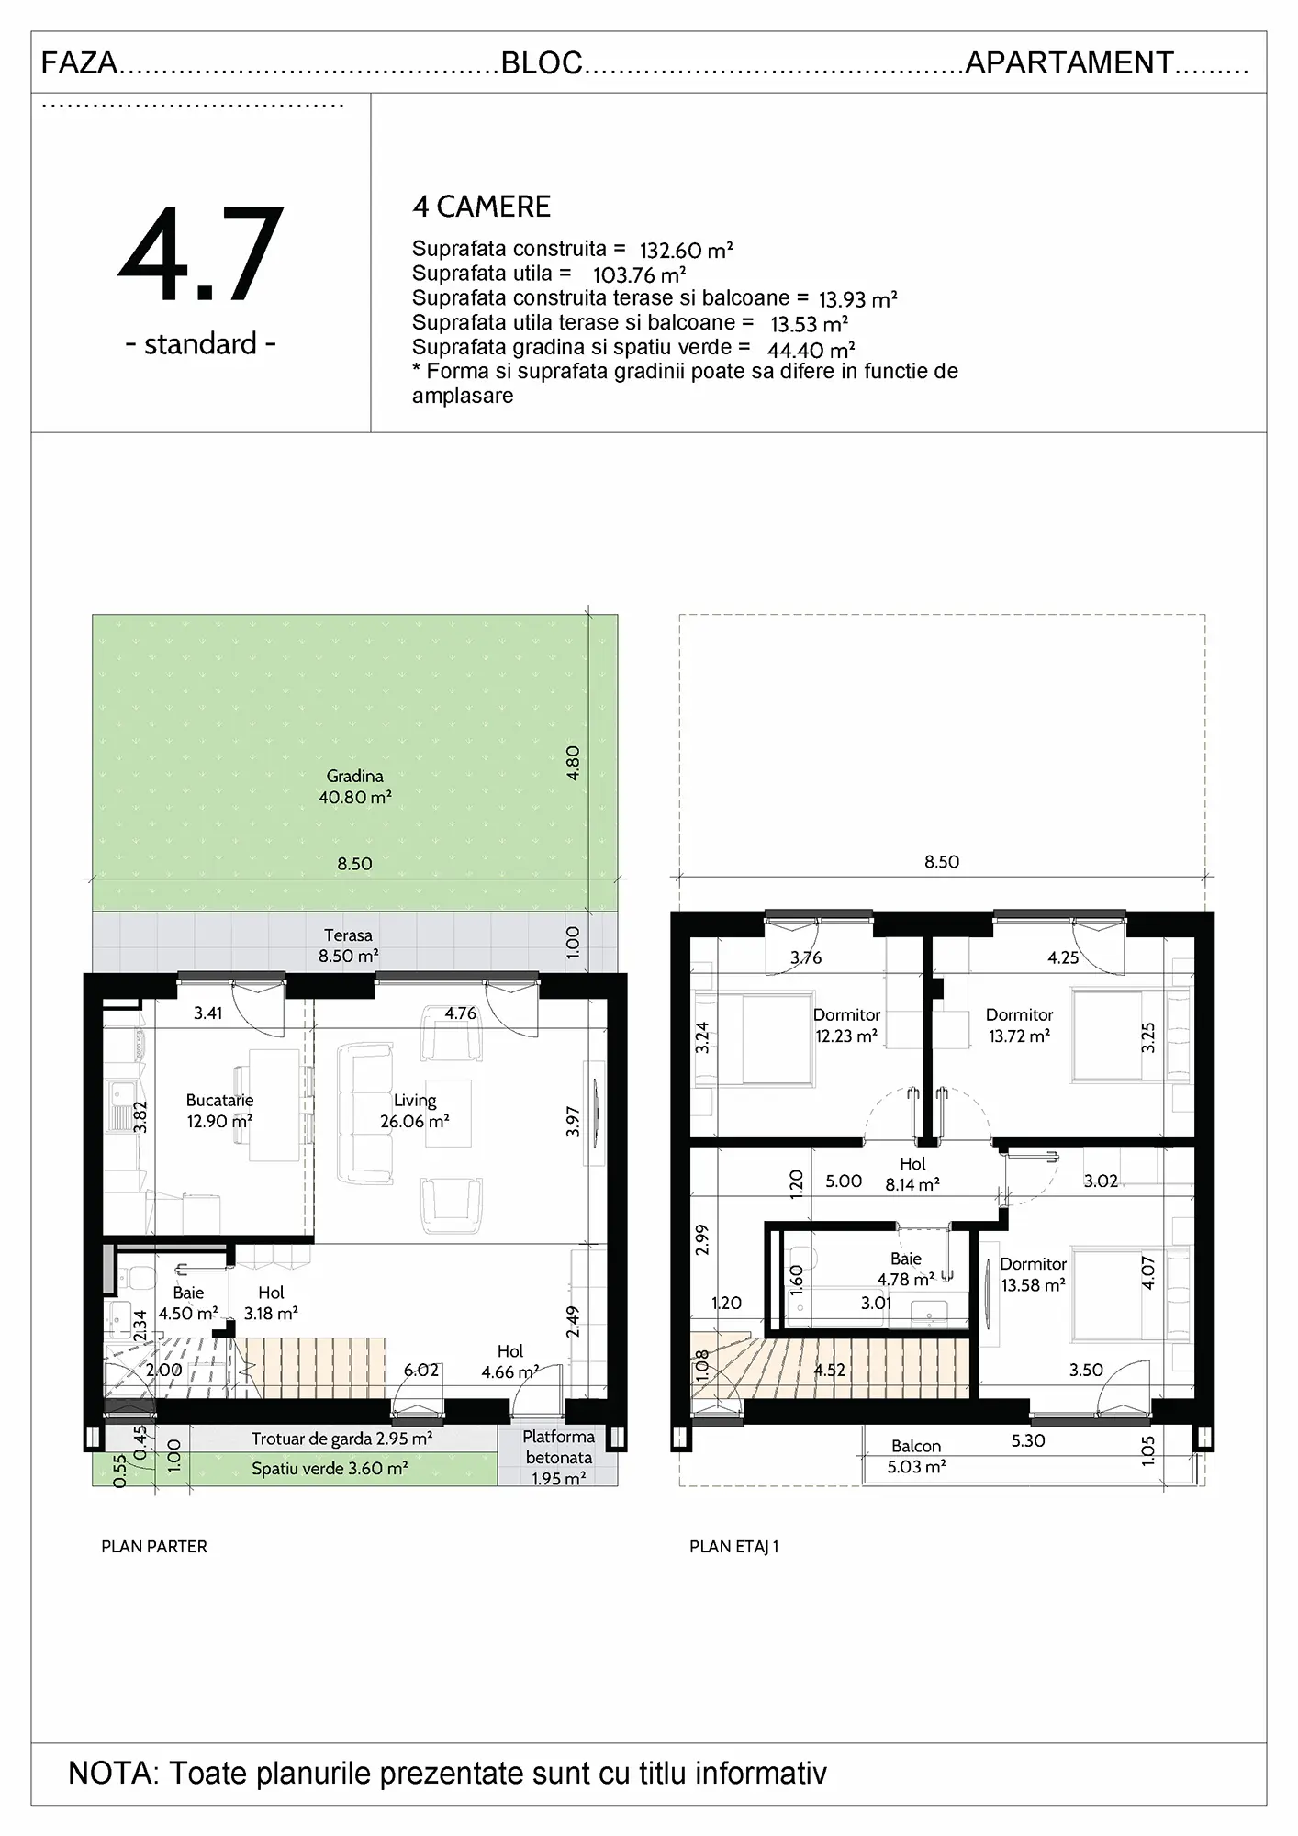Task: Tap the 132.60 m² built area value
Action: tap(686, 251)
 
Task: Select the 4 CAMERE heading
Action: tap(481, 207)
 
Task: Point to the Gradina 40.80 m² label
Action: tap(355, 787)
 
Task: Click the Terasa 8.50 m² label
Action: tap(348, 946)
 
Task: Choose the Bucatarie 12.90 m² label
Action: tap(219, 1111)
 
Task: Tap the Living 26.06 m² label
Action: tap(415, 1111)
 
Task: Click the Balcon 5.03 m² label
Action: tap(916, 1456)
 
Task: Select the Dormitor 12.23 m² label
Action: tap(846, 1025)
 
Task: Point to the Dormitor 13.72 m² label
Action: tap(1019, 1025)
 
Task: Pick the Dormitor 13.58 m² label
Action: tap(1033, 1274)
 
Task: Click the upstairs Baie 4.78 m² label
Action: tap(906, 1269)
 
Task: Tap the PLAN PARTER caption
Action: tap(154, 1547)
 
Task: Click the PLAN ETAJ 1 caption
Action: tap(734, 1547)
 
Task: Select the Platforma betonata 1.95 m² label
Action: tap(558, 1457)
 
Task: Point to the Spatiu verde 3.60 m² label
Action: tap(330, 1469)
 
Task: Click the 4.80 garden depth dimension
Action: tap(573, 763)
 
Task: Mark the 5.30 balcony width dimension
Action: tap(1028, 1440)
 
